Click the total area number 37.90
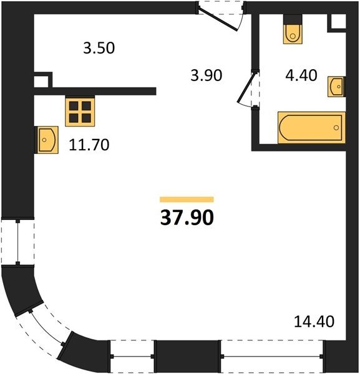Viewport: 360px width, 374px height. [x=187, y=218]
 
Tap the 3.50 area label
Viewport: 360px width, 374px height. [x=99, y=48]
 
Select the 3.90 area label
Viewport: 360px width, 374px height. [x=207, y=75]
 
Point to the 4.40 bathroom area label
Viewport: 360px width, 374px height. [x=301, y=75]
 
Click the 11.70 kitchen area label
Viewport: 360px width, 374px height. [x=89, y=145]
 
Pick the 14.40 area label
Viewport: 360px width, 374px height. [x=314, y=321]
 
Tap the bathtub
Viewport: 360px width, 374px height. [x=312, y=128]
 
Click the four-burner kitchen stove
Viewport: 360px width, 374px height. [x=80, y=111]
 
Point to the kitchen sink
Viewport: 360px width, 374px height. [x=47, y=140]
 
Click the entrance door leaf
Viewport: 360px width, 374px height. [x=218, y=20]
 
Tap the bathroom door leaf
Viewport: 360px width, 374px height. [x=246, y=88]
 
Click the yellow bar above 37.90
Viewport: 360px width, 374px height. [x=187, y=199]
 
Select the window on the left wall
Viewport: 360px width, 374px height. [x=17, y=242]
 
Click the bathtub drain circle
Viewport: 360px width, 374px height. [x=336, y=128]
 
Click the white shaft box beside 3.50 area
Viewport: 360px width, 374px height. [x=41, y=82]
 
